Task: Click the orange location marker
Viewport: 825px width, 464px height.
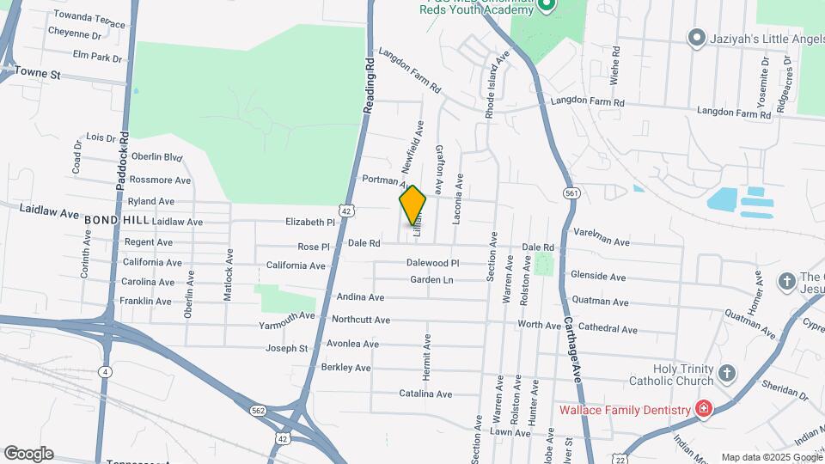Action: click(412, 205)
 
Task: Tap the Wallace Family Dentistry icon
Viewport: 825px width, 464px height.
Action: click(703, 409)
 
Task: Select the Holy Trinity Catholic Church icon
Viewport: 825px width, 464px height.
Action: click(727, 373)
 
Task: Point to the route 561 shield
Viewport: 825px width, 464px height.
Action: click(571, 194)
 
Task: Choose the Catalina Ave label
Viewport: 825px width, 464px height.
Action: click(425, 394)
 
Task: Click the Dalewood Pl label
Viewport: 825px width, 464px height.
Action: click(433, 263)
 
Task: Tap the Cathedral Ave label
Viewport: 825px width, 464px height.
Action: click(607, 329)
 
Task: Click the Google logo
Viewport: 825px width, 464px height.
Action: click(28, 454)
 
